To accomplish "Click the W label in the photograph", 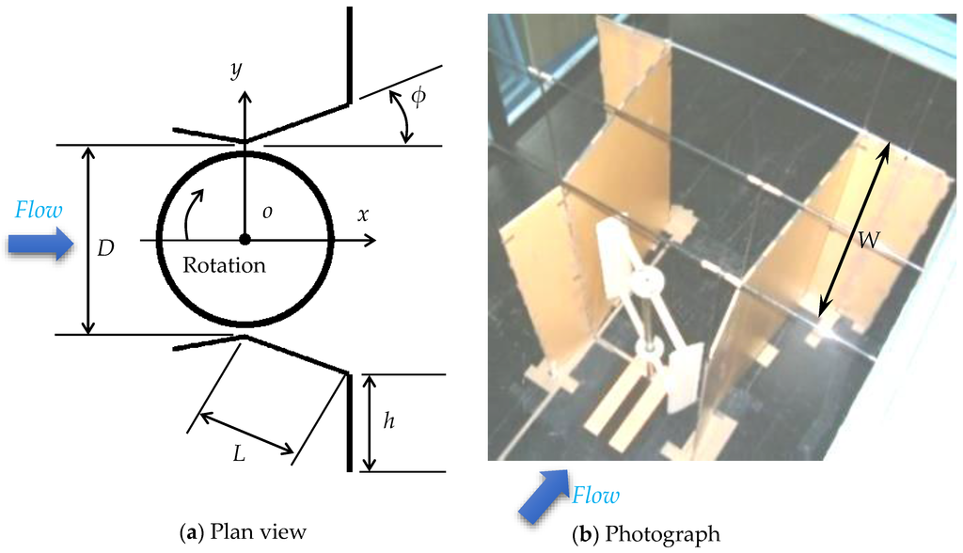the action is click(868, 241).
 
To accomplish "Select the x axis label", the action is click(363, 214).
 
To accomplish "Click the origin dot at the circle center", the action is click(245, 240).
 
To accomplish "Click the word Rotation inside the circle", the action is click(224, 265).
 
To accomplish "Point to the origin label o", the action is click(267, 213).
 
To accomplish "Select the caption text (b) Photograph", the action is click(645, 532).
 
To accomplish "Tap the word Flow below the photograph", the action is click(596, 495).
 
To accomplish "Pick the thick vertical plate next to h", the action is click(351, 421).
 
